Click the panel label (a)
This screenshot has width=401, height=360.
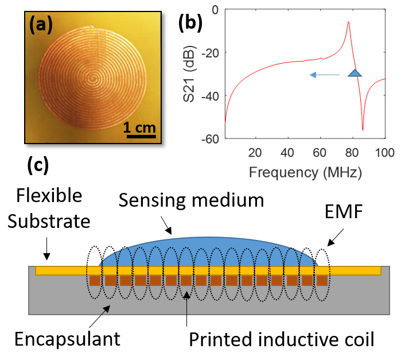tap(41, 25)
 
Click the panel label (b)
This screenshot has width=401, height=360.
tap(190, 22)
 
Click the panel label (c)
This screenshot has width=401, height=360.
tap(38, 166)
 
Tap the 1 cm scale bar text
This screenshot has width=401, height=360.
tap(139, 127)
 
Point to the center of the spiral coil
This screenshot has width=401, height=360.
tap(92, 79)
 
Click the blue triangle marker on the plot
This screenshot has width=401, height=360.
tap(355, 73)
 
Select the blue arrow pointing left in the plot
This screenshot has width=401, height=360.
tap(325, 75)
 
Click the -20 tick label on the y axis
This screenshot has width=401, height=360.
tap(211, 54)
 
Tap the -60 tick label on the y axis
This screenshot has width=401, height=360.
tap(211, 140)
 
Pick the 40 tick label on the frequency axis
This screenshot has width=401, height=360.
tap(287, 153)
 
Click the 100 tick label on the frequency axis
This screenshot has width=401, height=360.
tap(384, 153)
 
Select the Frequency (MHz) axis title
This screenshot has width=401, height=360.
tap(305, 172)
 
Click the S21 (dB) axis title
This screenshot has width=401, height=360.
tap(189, 73)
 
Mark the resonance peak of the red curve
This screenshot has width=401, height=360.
tap(348, 22)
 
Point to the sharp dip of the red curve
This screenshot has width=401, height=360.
tap(363, 130)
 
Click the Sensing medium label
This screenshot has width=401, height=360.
tap(191, 200)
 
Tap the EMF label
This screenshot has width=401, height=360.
tap(344, 211)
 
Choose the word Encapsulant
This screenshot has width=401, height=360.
tap(67, 339)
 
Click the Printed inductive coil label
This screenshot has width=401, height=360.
tap(282, 339)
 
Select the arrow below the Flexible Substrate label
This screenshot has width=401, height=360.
tap(46, 249)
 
